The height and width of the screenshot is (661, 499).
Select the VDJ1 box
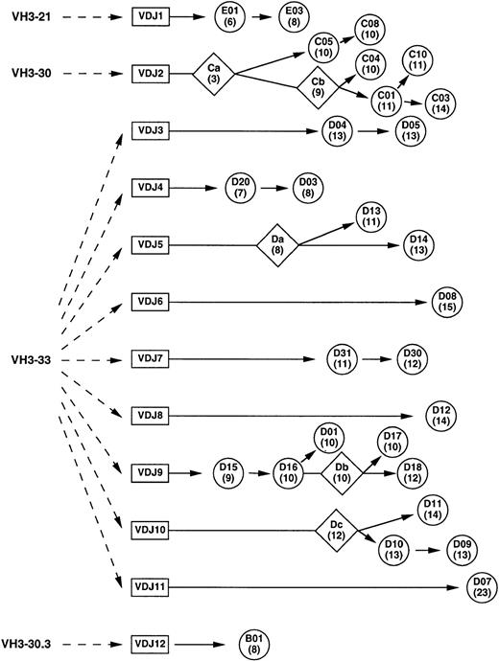tap(151, 17)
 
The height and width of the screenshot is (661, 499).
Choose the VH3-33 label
tap(30, 360)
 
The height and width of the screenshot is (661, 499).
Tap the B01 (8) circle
tap(254, 642)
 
